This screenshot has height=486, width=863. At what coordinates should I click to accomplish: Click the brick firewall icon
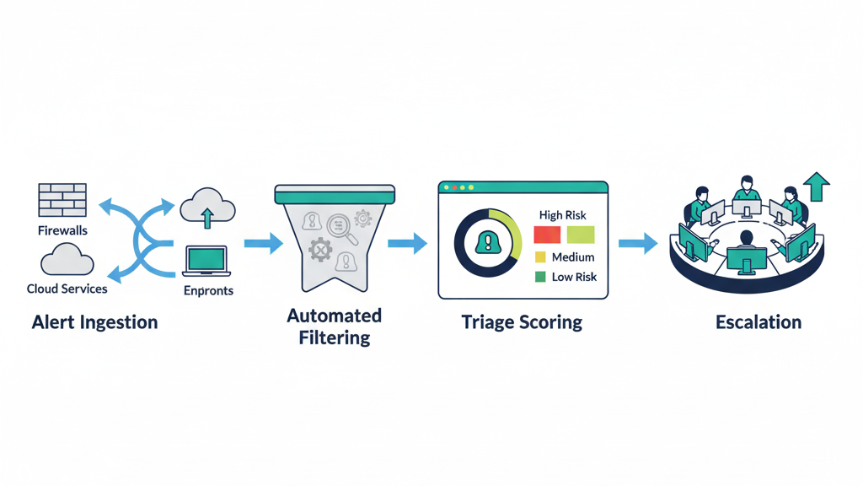(62, 199)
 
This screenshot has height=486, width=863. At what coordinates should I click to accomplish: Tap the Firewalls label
(62, 229)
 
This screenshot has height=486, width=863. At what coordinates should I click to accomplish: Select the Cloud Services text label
(67, 289)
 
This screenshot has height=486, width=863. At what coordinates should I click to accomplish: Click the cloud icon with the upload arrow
(207, 207)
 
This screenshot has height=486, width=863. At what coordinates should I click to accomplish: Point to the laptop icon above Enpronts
(206, 262)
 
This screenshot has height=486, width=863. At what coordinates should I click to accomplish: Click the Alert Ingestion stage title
(94, 322)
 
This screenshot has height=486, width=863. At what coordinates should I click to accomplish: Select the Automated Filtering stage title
(334, 327)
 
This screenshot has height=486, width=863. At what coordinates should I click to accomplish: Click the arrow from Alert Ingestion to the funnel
(264, 245)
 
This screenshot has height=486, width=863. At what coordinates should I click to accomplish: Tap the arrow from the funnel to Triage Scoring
(407, 244)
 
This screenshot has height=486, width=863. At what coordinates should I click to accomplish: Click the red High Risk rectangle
(547, 235)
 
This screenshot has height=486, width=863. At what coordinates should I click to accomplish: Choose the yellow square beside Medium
(540, 257)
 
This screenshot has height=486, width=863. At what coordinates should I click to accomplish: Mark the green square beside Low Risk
(540, 277)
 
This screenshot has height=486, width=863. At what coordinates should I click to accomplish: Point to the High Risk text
(563, 215)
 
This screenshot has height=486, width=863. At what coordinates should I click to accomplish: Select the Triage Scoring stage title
(522, 322)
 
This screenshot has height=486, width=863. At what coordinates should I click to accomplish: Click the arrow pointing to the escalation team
(638, 244)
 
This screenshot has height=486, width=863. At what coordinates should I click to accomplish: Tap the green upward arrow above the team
(817, 186)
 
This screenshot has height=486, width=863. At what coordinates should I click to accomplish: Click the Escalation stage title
(758, 322)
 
